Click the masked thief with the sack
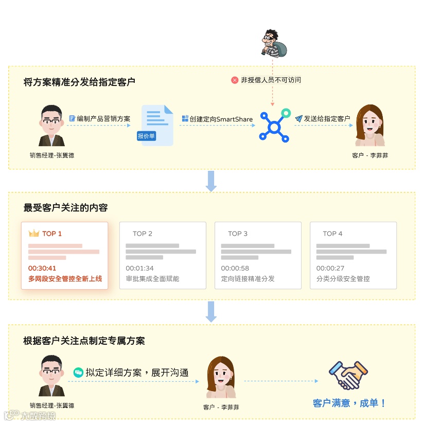(272, 43)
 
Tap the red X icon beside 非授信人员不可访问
(235, 80)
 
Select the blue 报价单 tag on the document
(147, 136)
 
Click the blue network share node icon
(274, 126)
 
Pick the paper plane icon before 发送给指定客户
(298, 119)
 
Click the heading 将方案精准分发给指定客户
(79, 82)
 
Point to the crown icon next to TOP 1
(34, 234)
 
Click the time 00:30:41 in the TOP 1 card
(42, 268)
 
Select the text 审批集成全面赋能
(152, 279)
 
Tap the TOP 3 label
(238, 234)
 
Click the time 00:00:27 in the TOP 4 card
(330, 268)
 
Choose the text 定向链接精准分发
(248, 279)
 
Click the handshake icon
(349, 375)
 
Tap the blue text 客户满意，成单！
(349, 403)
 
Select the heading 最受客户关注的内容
(65, 208)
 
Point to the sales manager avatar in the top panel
(52, 126)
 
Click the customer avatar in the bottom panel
(221, 377)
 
